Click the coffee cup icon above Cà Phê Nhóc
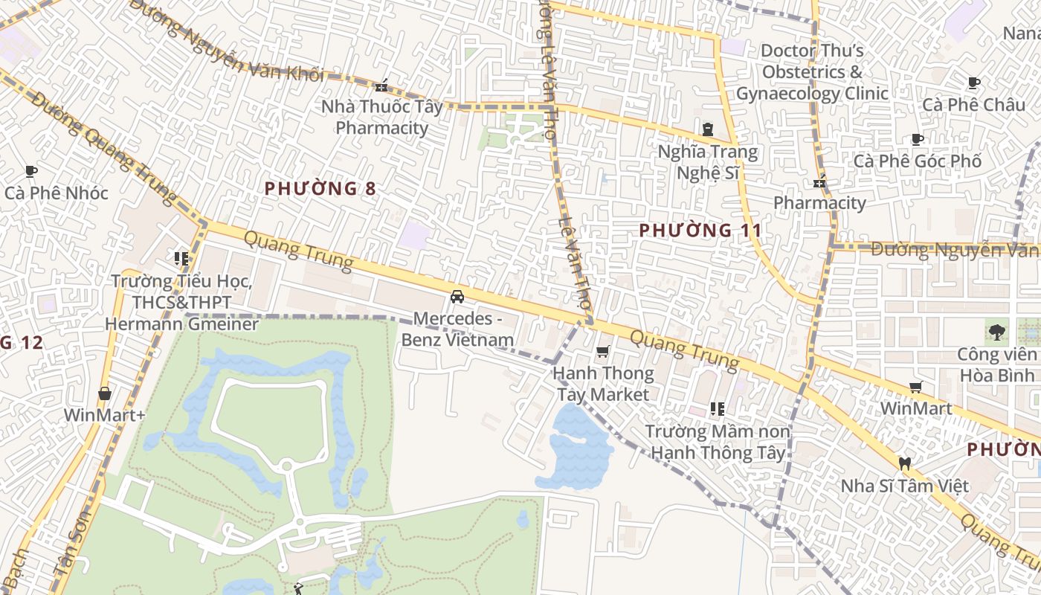point(30,172)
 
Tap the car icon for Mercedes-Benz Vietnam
point(457,297)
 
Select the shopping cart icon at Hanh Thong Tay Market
point(603,351)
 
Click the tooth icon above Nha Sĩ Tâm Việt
point(905,464)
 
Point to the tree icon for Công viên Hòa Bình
point(996,332)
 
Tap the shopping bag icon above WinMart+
point(105,393)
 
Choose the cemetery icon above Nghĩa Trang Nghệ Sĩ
point(707,129)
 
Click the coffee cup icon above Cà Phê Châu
point(974,83)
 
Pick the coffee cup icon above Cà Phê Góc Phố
point(918,139)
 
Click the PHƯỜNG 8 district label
point(320,189)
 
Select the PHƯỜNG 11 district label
point(700,231)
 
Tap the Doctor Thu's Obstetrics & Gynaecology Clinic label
point(812,72)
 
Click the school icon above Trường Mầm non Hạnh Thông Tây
point(718,408)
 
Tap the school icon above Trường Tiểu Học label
point(181,259)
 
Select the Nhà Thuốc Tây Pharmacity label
point(381,117)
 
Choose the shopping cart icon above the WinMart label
point(916,387)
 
